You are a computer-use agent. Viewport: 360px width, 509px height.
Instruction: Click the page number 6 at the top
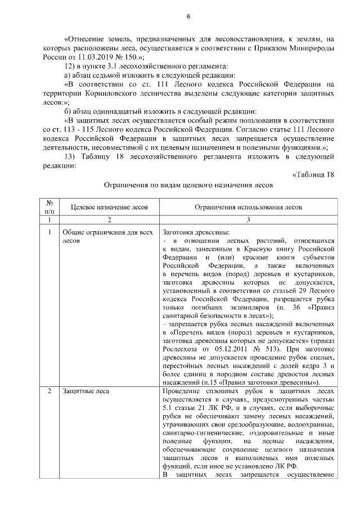(188, 16)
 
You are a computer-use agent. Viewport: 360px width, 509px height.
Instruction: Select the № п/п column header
(49, 207)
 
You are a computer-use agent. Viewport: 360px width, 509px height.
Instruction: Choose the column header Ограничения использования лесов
(248, 207)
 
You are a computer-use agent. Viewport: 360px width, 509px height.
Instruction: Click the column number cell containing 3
(248, 220)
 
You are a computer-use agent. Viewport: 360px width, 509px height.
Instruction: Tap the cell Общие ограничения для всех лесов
(107, 236)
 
